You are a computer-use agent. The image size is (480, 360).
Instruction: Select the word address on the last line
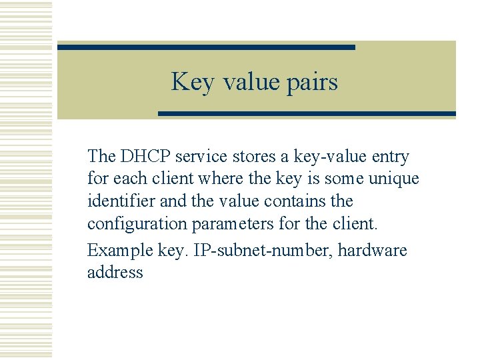point(115,273)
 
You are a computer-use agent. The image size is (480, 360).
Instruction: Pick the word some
point(342,179)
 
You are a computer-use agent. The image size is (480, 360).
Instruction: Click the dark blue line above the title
point(206,47)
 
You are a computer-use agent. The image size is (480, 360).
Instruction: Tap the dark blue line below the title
point(307,114)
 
